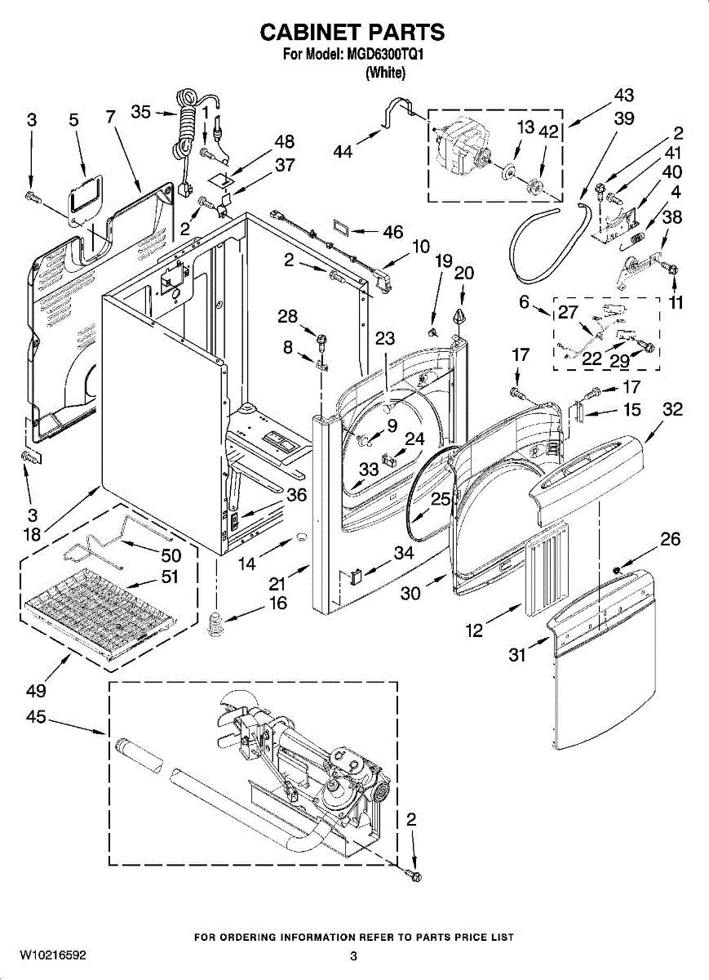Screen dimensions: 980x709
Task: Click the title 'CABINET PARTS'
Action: point(352,32)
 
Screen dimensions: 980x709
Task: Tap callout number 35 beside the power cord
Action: point(141,112)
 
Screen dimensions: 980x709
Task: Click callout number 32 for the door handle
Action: point(672,410)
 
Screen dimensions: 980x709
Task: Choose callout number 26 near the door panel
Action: point(670,539)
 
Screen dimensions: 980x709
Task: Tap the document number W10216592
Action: point(53,954)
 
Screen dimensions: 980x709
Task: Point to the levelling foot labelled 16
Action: point(215,626)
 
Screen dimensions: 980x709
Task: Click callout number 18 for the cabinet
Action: point(32,535)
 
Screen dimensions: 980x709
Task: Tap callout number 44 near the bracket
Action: point(344,151)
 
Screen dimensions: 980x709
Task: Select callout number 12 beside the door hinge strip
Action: point(473,630)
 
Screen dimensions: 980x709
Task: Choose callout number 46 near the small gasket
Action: point(392,233)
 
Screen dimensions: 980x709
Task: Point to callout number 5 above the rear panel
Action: point(73,120)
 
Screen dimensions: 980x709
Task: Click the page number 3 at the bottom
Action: point(354,955)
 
